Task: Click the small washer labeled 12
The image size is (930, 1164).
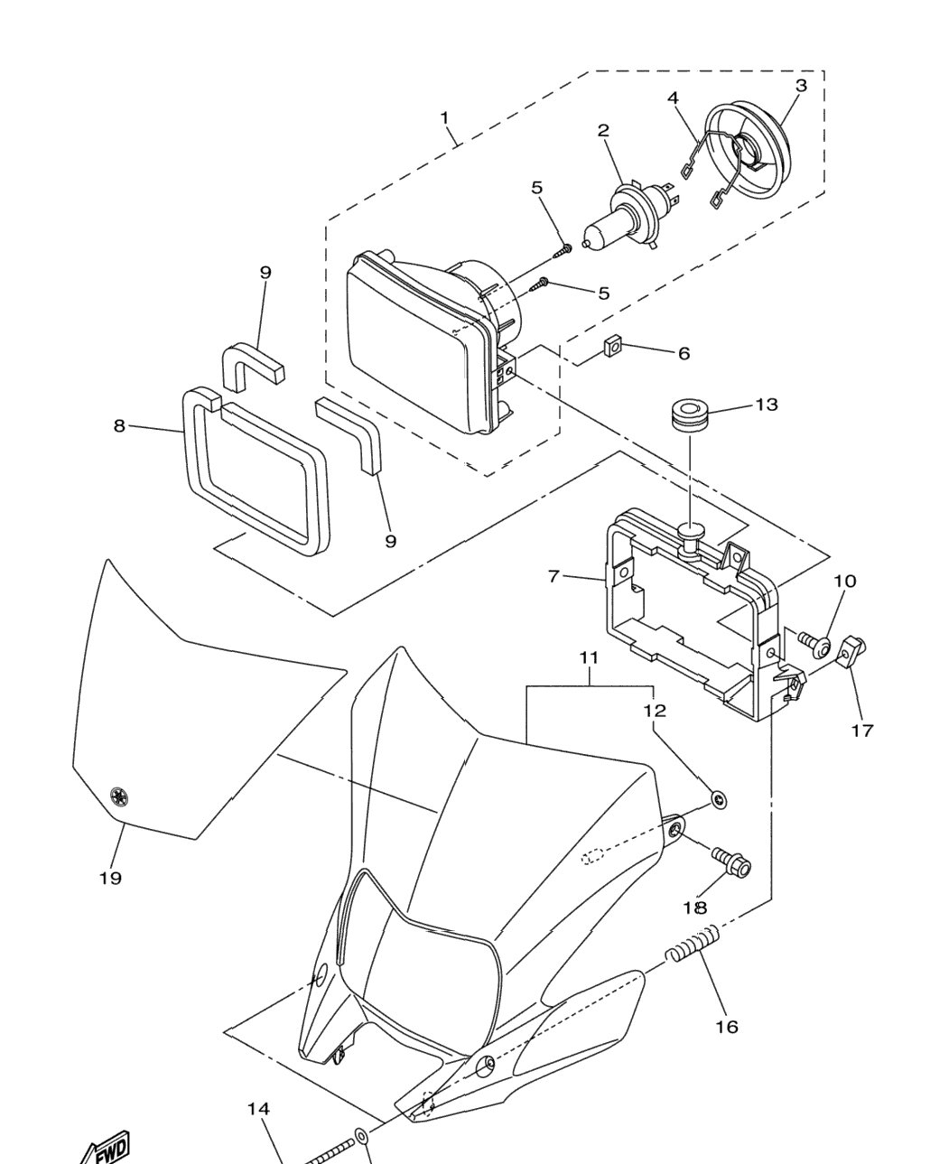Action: click(x=719, y=799)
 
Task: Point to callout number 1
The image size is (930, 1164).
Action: click(x=444, y=117)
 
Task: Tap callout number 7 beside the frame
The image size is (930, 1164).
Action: click(x=553, y=577)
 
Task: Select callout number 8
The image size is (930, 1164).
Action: click(x=119, y=425)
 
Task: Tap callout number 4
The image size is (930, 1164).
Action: click(x=673, y=98)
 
